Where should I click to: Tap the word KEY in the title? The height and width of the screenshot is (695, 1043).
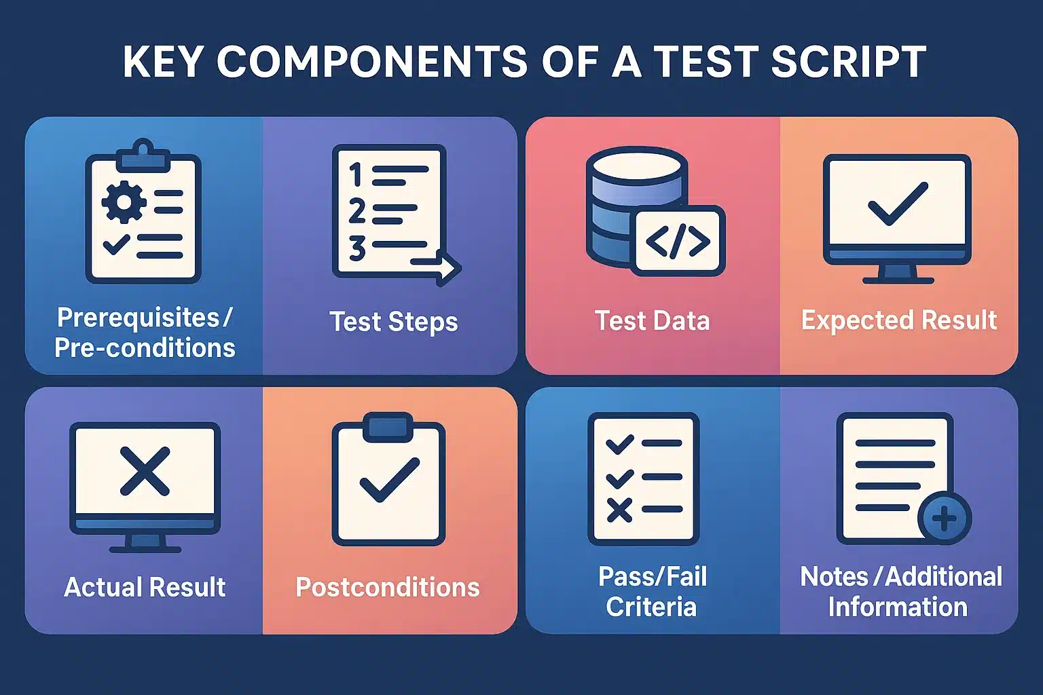pyautogui.click(x=163, y=62)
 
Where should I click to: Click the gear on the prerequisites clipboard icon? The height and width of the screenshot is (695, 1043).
pyautogui.click(x=124, y=202)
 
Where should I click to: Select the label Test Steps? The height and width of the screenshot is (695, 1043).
pyautogui.click(x=393, y=321)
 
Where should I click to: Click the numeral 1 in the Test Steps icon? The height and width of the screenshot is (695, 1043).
pyautogui.click(x=355, y=174)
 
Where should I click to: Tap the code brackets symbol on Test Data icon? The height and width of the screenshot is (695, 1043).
pyautogui.click(x=677, y=242)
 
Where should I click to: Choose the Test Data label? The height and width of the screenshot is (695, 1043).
pyautogui.click(x=652, y=320)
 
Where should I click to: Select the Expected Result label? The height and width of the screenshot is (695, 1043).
pyautogui.click(x=898, y=320)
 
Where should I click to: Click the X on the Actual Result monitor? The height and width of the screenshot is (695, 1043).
pyautogui.click(x=145, y=470)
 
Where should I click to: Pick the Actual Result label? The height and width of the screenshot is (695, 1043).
pyautogui.click(x=145, y=587)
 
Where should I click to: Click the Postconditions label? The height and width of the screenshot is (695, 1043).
pyautogui.click(x=387, y=587)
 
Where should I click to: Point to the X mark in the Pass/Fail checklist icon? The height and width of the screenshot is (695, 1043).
pyautogui.click(x=619, y=510)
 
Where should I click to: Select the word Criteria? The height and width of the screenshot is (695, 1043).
pyautogui.click(x=651, y=607)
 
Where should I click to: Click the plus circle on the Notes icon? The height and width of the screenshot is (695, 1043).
pyautogui.click(x=944, y=519)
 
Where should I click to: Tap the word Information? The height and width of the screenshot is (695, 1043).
pyautogui.click(x=897, y=607)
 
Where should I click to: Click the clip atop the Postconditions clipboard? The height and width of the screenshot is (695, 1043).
pyautogui.click(x=388, y=426)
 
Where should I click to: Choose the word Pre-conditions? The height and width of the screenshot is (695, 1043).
pyautogui.click(x=145, y=347)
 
